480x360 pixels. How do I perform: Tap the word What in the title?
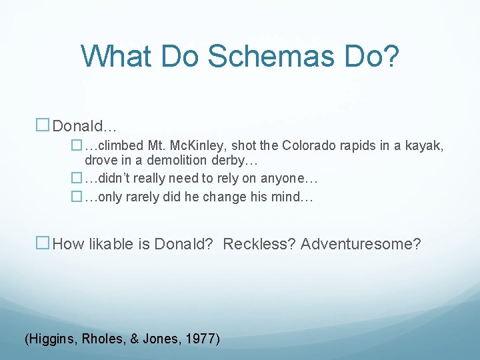[x=119, y=57]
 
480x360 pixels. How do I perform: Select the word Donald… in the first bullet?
[x=85, y=126]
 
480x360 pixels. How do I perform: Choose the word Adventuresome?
[x=361, y=244]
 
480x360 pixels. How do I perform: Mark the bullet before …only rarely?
[x=76, y=197]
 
